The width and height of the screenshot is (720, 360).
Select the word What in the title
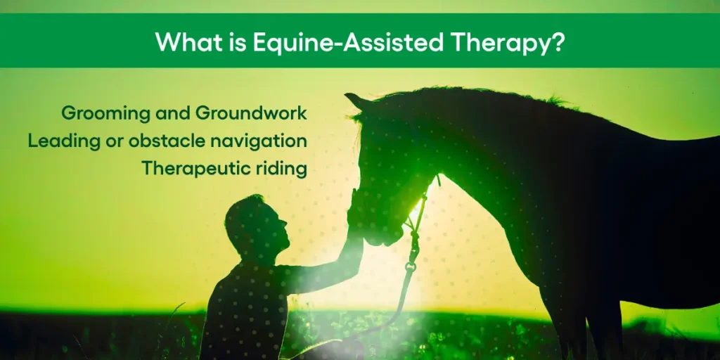[x=184, y=41]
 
